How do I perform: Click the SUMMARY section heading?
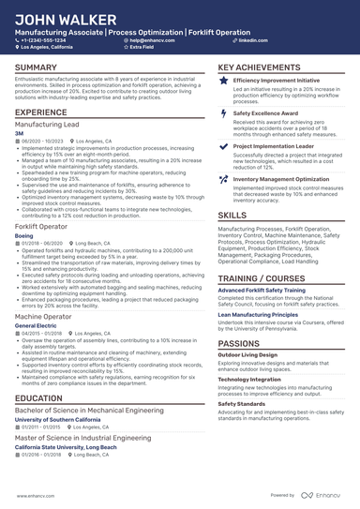coord(36,68)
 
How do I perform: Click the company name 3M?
coord(19,133)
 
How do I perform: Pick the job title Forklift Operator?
coord(42,226)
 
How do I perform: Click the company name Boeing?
coord(23,235)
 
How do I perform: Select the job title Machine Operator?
coord(44,317)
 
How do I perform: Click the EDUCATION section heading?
coord(38,398)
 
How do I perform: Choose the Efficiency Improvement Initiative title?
coord(276,82)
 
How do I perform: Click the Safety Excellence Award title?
coord(262,112)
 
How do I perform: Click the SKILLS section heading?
coord(232,215)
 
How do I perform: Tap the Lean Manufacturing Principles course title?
coord(260,315)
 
